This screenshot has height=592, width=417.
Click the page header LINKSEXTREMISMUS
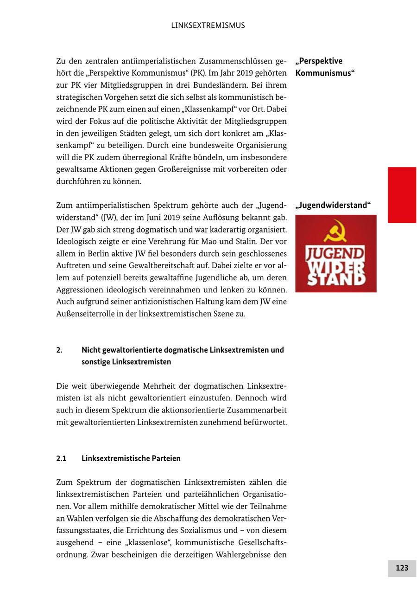point(208,26)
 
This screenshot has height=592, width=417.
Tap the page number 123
point(402,568)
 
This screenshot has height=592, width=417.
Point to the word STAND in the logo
point(335,280)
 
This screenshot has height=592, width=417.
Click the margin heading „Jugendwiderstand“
point(333,205)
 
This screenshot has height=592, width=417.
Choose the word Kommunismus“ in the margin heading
point(325,73)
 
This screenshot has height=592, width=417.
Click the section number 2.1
point(61,458)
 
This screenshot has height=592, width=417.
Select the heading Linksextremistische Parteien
point(131,458)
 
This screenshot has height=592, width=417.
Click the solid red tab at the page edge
point(402,195)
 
